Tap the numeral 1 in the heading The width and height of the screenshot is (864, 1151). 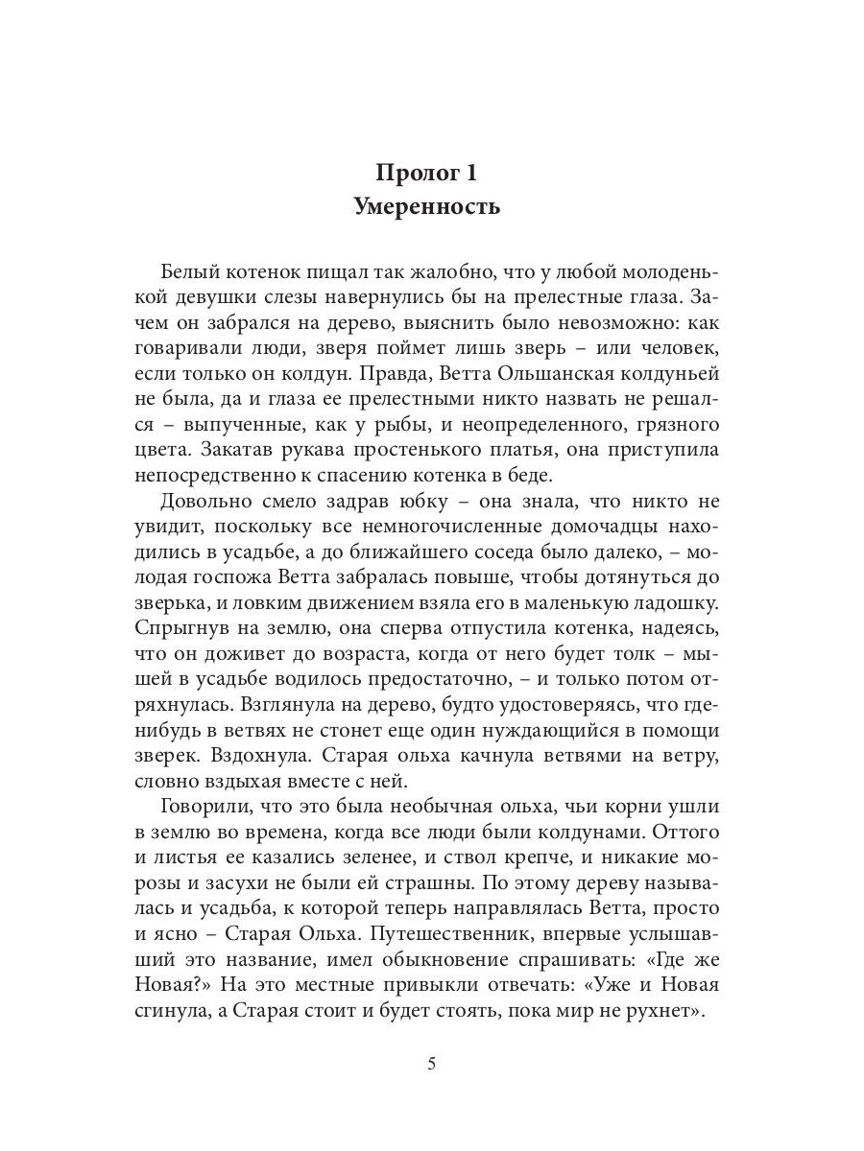pos(470,173)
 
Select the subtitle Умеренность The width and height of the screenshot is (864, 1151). pos(432,207)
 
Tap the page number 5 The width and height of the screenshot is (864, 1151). pos(432,1065)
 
